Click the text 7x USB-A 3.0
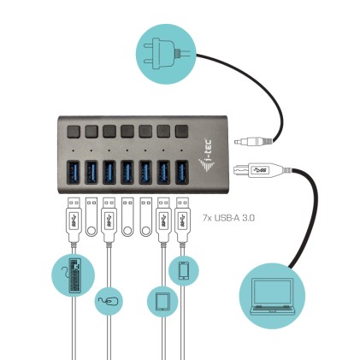pyautogui.click(x=230, y=218)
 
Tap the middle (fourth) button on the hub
pyautogui.click(x=127, y=131)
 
